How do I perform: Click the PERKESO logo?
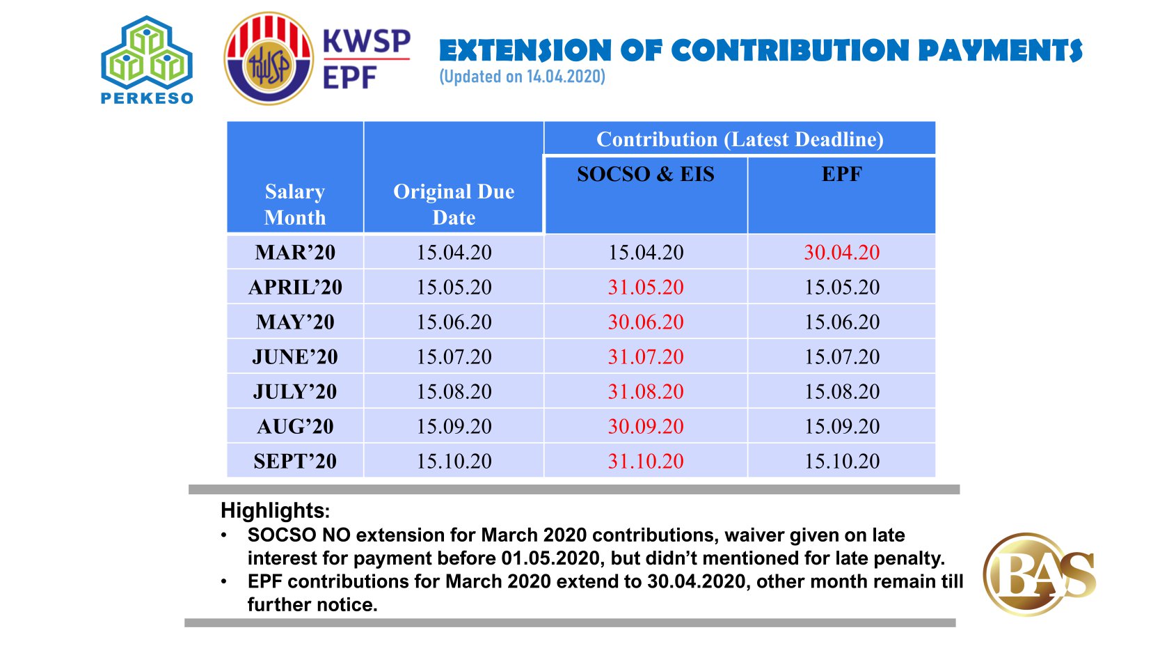pyautogui.click(x=147, y=60)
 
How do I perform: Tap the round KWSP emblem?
pyautogui.click(x=268, y=58)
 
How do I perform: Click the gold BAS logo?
pyautogui.click(x=1039, y=574)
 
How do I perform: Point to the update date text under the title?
pyautogui.click(x=522, y=77)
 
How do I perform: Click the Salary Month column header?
pyautogui.click(x=294, y=204)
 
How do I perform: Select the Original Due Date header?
pyautogui.click(x=454, y=204)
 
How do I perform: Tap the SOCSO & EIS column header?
pyautogui.click(x=646, y=174)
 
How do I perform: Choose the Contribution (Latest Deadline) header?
pyautogui.click(x=740, y=139)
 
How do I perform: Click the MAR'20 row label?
pyautogui.click(x=295, y=253)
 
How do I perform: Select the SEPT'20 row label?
pyautogui.click(x=295, y=462)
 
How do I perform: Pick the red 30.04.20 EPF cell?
pyautogui.click(x=841, y=253)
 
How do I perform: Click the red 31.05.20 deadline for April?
pyautogui.click(x=646, y=287)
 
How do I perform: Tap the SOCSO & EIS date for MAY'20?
pyautogui.click(x=646, y=322)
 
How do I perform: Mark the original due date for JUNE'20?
pyautogui.click(x=454, y=356)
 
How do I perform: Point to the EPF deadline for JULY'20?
pyautogui.click(x=841, y=391)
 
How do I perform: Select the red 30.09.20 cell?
pyautogui.click(x=646, y=427)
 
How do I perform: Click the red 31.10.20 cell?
pyautogui.click(x=646, y=462)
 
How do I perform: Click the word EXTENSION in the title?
pyautogui.click(x=525, y=50)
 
